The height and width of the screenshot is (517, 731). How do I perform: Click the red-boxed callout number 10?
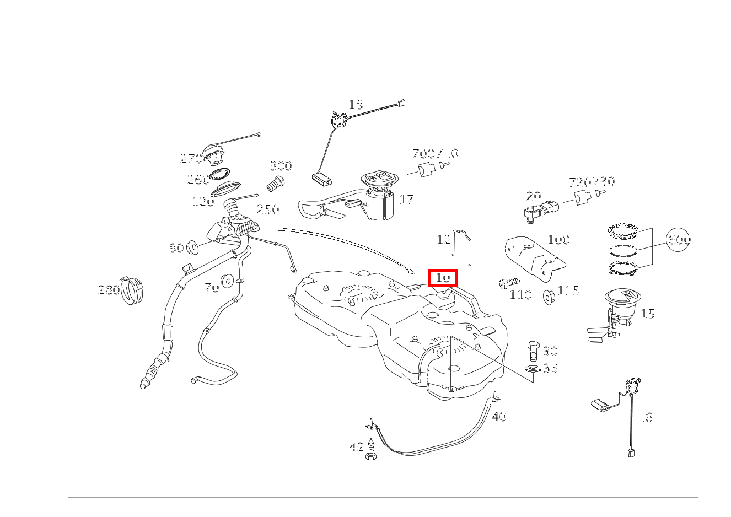443,278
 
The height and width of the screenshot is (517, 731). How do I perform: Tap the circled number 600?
679,240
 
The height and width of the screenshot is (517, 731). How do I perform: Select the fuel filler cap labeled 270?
213,155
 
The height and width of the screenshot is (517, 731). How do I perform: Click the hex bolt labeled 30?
533,351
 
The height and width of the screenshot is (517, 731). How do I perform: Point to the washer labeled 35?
533,369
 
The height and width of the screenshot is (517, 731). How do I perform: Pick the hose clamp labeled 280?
132,290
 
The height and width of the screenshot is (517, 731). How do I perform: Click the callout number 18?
356,105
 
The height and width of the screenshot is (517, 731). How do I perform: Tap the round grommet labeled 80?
192,247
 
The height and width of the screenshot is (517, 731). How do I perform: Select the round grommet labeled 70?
227,281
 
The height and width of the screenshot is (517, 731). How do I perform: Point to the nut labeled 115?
549,297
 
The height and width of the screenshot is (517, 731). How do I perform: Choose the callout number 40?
499,417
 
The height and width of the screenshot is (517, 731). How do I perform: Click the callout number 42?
356,446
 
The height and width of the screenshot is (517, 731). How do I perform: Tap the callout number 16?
645,417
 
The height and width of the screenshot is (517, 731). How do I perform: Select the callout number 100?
558,240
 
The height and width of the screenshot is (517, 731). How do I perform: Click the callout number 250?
268,209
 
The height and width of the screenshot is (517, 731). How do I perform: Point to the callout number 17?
406,200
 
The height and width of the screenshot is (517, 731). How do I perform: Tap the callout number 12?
443,240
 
